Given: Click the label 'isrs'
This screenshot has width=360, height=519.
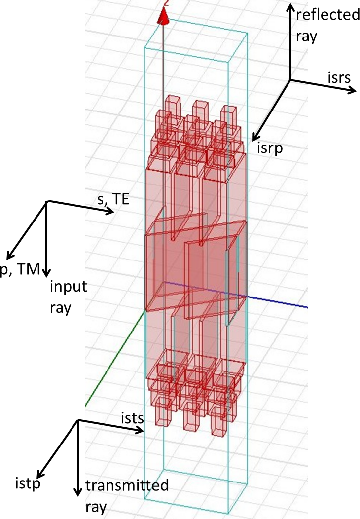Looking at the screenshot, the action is coord(339,77).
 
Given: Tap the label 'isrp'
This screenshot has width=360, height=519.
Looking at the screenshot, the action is coord(270,148).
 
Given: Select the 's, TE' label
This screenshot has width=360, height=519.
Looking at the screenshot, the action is coord(113,199).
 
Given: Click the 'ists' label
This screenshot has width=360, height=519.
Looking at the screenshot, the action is coord(132,418).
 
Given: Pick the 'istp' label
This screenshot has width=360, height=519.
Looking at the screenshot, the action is coord(28,484).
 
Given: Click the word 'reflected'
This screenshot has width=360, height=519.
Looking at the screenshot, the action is coord(327,15).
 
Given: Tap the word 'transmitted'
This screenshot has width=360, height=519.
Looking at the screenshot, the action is coord(127,485).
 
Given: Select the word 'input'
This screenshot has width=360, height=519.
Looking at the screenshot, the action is coord(69,287).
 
